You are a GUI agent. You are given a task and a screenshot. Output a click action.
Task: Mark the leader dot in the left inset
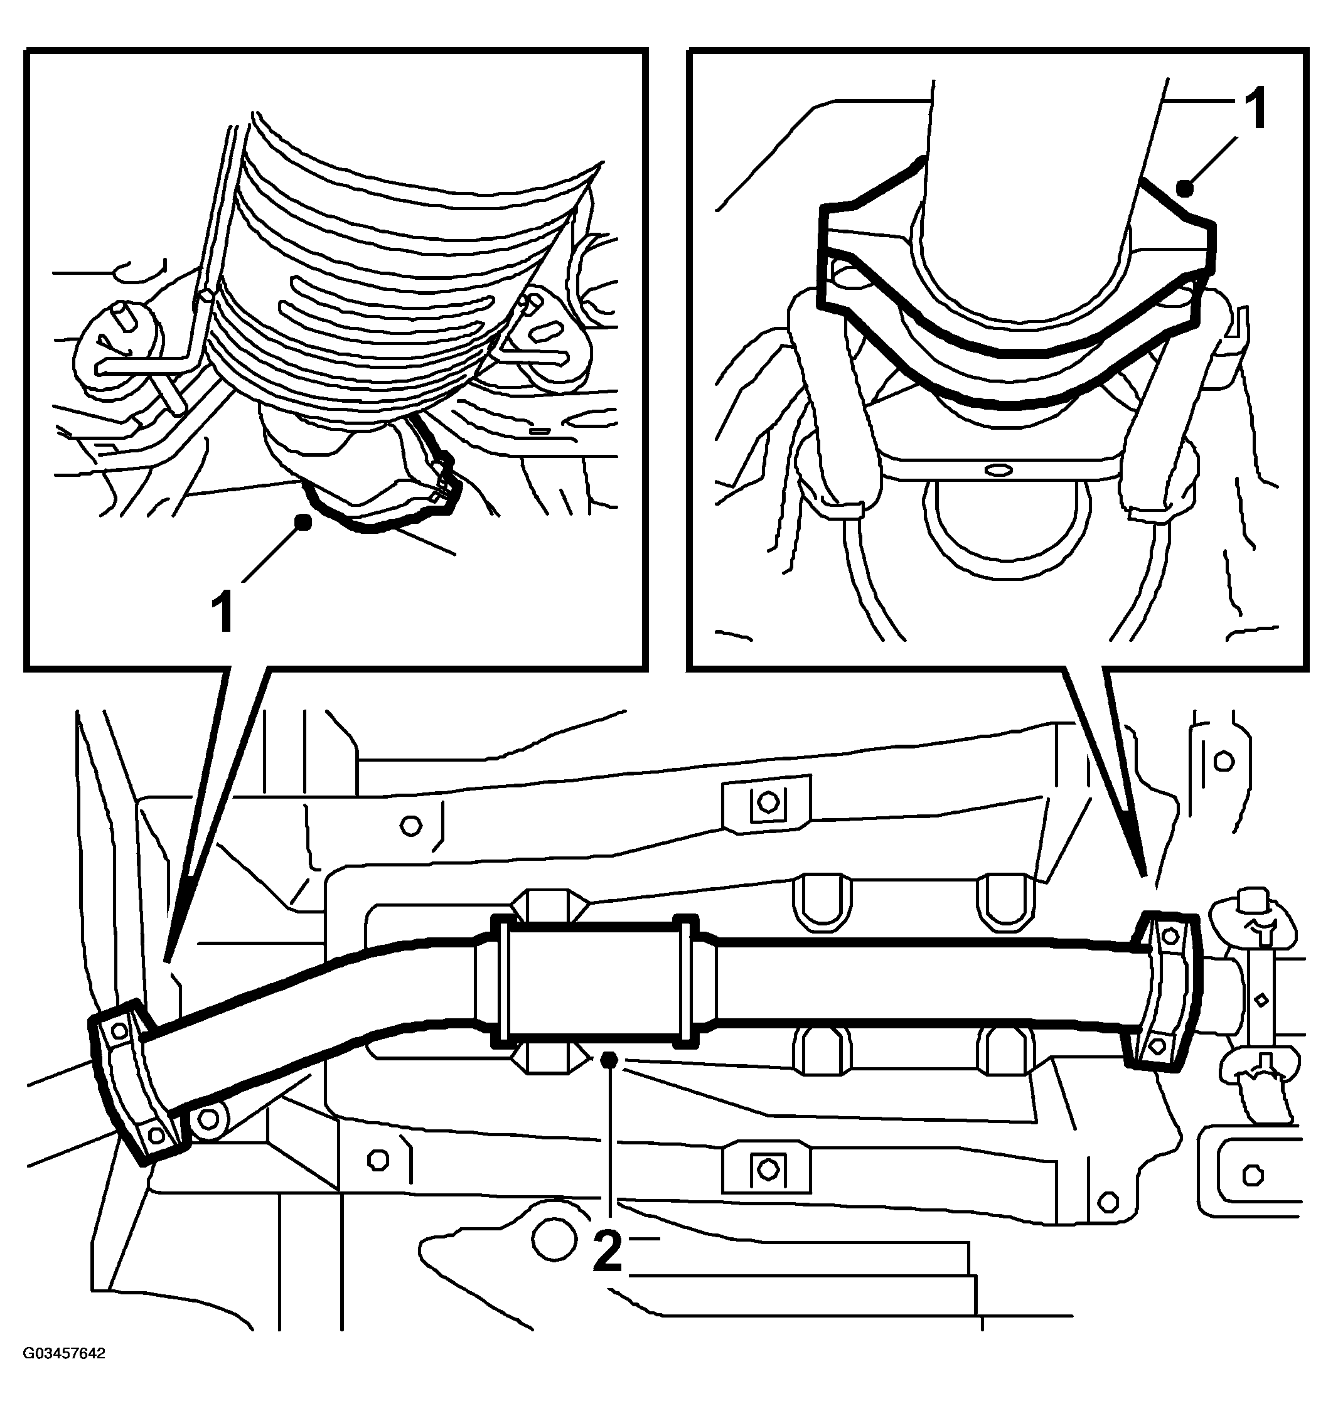[303, 522]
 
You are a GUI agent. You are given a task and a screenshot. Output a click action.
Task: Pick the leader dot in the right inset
[1184, 189]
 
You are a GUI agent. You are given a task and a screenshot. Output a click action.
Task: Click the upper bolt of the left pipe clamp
[120, 1030]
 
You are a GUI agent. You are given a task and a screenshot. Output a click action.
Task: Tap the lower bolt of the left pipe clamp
[156, 1132]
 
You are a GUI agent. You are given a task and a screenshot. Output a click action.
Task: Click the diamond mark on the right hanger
[1261, 999]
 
